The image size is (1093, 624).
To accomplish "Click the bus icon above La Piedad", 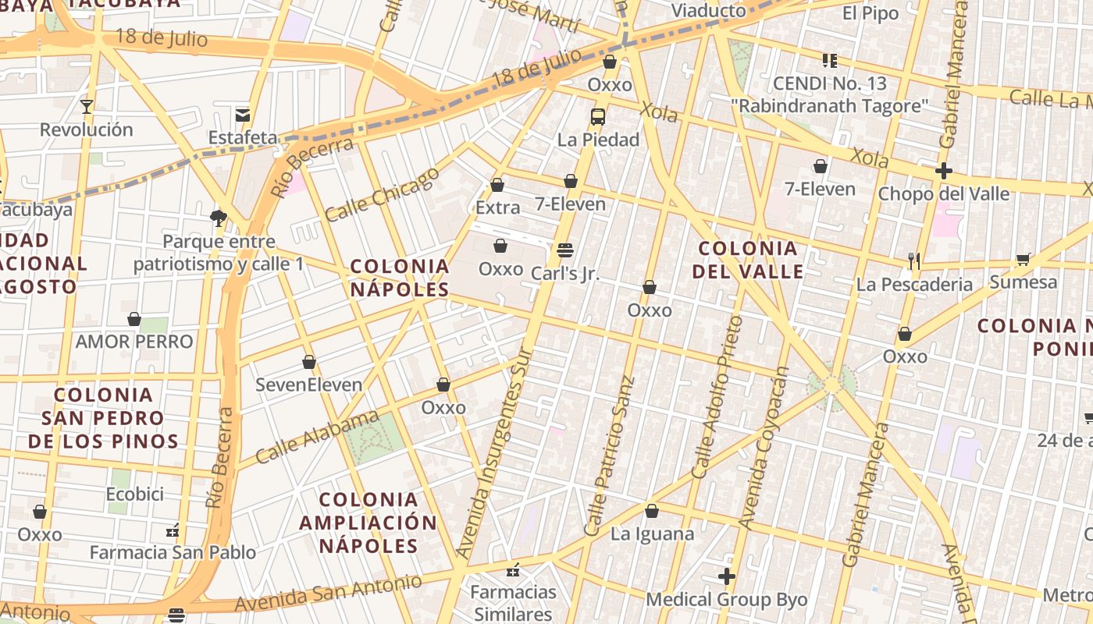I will pos(597,117).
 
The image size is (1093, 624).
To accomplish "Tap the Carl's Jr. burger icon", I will pos(565,250).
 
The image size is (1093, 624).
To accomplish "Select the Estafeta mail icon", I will pos(243,115).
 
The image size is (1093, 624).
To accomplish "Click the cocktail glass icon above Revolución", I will pos(86,106).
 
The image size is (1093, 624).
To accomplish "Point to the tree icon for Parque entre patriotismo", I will pos(219,218).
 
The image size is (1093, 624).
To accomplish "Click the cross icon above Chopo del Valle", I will pos(944,170).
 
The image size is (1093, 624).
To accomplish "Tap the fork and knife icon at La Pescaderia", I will pos(914,261).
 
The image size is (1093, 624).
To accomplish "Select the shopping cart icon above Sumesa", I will pos(1023,259).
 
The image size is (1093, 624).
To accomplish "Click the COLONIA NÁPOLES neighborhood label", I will pos(400,278).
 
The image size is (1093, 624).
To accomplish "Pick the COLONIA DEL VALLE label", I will pos(748,260).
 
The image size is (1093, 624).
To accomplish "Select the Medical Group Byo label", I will pos(726,600).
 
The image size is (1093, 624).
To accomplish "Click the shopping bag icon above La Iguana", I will pos(652,511).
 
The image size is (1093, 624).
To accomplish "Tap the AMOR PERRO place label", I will pos(134,342).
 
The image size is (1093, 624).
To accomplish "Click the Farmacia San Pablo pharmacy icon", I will pos(173,531).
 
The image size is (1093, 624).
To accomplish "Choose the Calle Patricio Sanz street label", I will pos(610,456).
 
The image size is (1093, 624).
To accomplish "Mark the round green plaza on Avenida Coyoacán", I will pos(832,385).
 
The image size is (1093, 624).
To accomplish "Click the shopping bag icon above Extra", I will pos(497,185).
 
